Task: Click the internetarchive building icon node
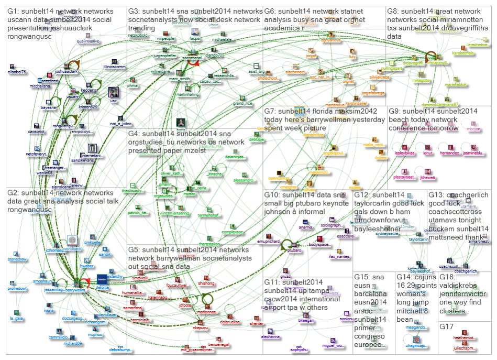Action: pos(92,150)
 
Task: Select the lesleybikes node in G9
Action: pos(405,147)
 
